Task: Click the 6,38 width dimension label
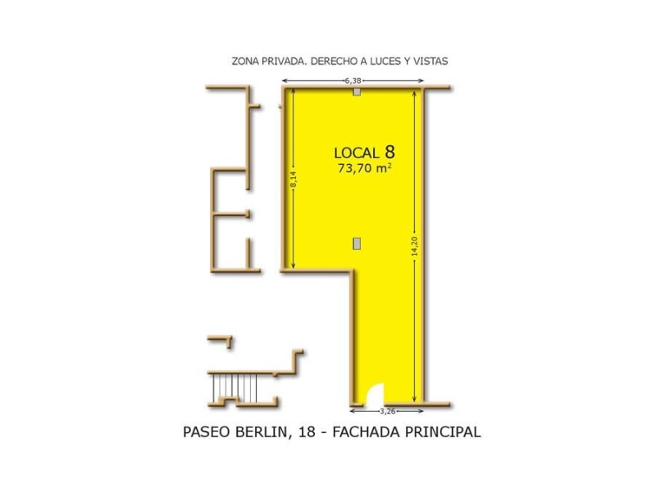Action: tap(353, 80)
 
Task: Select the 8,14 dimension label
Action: tap(293, 180)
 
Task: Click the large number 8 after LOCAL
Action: tap(389, 152)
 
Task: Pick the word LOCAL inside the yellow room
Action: tap(357, 153)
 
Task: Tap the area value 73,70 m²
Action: tap(364, 169)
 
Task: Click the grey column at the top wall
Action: tap(357, 92)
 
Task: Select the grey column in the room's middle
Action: tap(357, 242)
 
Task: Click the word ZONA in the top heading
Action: tap(245, 61)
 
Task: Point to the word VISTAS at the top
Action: tap(430, 61)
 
